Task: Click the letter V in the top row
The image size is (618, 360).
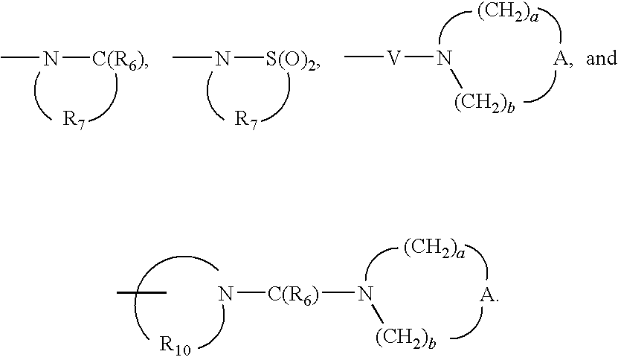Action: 393,58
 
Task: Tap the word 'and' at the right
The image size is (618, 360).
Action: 602,58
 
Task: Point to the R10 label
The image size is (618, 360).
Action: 176,344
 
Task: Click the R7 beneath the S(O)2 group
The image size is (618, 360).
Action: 246,120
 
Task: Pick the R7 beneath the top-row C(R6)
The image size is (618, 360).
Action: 74,120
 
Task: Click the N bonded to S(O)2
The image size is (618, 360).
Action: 222,59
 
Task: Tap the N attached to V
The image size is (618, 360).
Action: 444,59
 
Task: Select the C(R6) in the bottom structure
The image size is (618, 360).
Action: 293,295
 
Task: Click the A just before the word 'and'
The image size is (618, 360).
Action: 561,59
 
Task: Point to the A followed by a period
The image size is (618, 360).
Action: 487,295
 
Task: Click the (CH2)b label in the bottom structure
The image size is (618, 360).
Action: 406,338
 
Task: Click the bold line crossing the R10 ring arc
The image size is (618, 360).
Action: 141,292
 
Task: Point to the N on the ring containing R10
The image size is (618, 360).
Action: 226,294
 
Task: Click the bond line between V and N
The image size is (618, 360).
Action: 419,57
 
